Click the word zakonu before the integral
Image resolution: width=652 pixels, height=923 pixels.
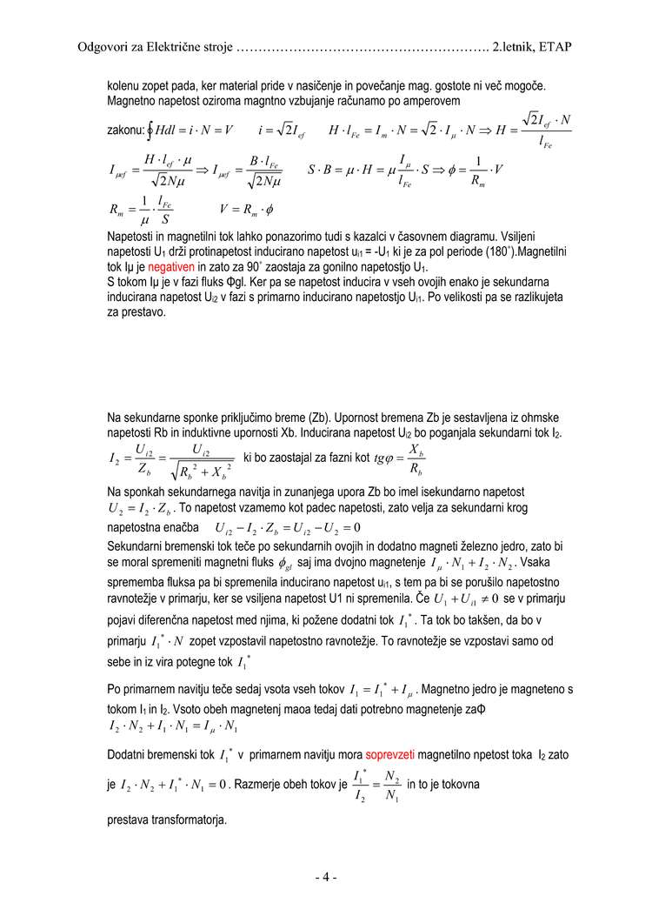tap(125, 130)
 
